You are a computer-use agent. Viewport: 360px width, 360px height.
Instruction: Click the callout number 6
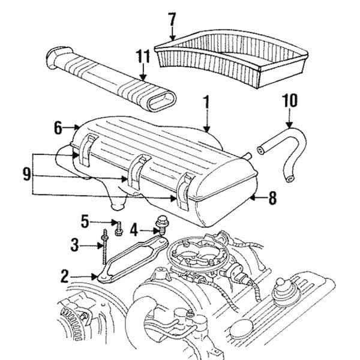[x=58, y=127]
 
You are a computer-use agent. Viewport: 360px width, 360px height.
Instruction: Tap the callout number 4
[x=134, y=229]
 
